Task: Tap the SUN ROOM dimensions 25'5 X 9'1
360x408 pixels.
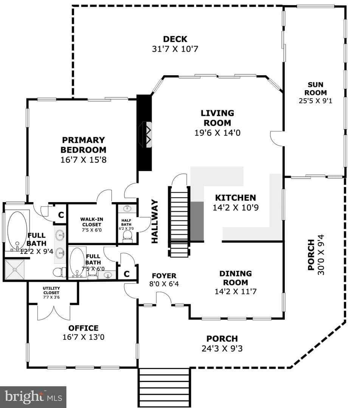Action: (x=315, y=101)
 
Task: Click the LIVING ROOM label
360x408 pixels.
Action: (x=217, y=118)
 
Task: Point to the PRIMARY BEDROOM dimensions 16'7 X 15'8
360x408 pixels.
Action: (x=83, y=159)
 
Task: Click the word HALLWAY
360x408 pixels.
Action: (x=155, y=221)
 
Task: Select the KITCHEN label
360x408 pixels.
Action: (x=236, y=198)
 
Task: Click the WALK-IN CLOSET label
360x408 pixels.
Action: (x=92, y=222)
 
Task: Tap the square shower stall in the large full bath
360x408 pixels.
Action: (x=15, y=269)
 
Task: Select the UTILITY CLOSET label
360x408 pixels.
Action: (x=51, y=291)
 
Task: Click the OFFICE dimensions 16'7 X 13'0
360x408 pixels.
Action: (x=83, y=337)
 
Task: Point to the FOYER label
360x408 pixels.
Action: (x=164, y=275)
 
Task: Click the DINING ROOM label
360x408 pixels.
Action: (x=236, y=278)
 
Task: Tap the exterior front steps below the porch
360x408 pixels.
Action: (x=164, y=388)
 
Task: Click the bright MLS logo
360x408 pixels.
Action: (x=33, y=397)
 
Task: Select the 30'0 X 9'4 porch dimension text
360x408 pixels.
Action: (x=321, y=255)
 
